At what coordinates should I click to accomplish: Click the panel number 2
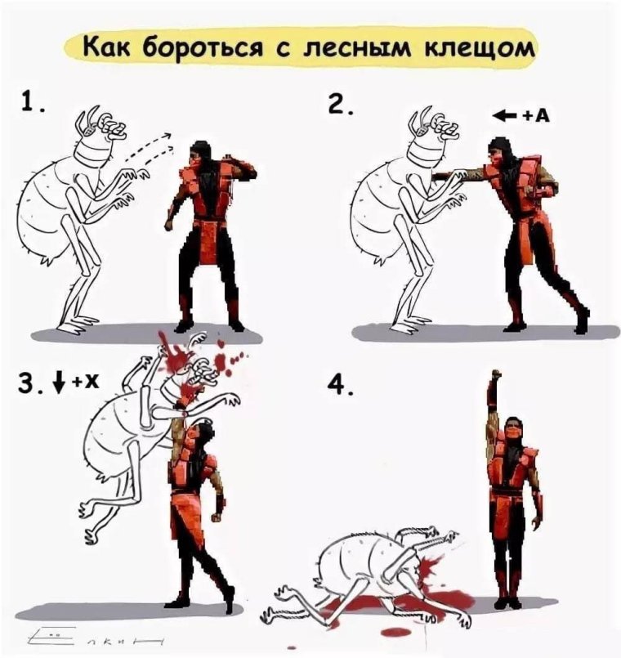(x=337, y=107)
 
